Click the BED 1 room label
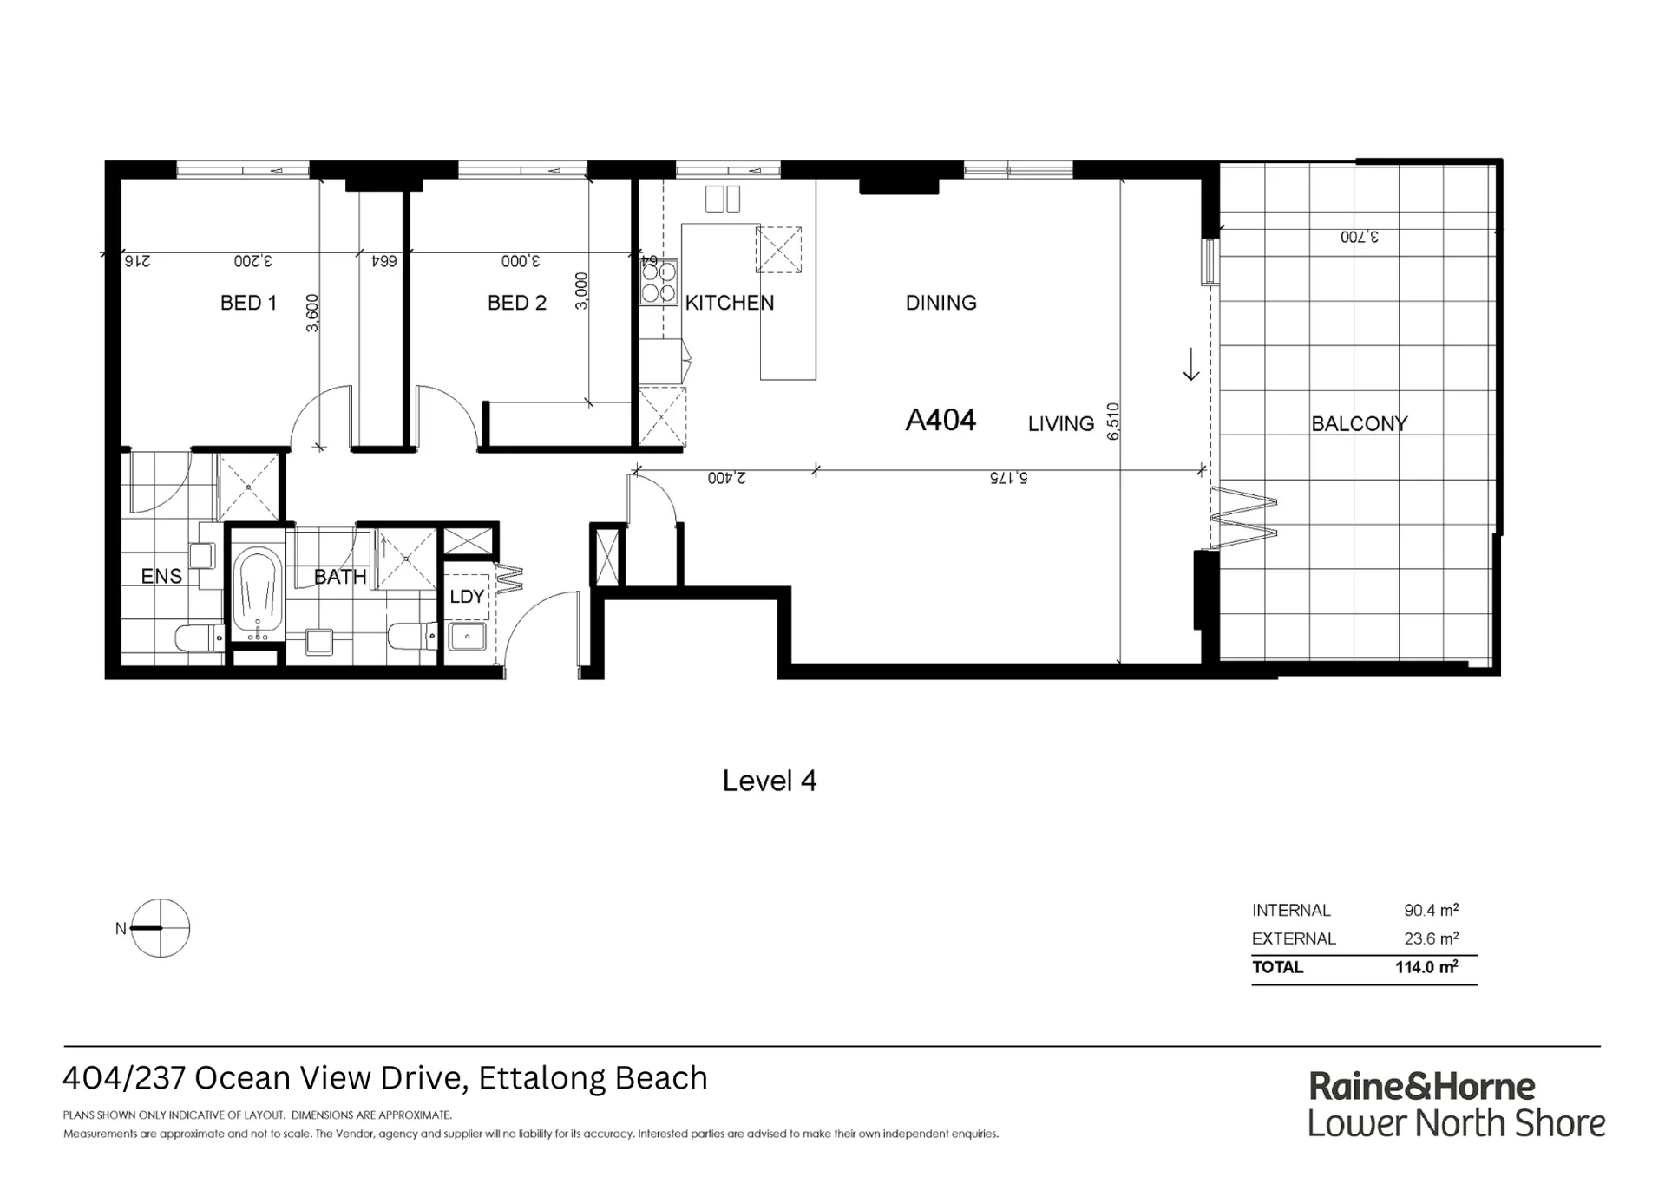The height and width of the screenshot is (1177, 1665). coord(248,303)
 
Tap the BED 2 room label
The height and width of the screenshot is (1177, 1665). coord(517,303)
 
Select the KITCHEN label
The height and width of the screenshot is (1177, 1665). coord(730,303)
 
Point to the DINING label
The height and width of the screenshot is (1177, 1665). coord(941,303)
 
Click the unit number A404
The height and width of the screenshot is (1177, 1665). coord(941,421)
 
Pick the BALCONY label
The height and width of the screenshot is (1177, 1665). coord(1360,424)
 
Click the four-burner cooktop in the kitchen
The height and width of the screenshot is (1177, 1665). coord(659,282)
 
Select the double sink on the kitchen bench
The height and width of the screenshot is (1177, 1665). coord(723,199)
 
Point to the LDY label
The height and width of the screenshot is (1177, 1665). coord(467,597)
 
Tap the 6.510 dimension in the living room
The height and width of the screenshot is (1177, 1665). coord(1114,422)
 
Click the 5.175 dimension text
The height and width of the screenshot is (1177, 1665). coord(1009,478)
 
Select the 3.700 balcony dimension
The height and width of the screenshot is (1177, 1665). coord(1360,237)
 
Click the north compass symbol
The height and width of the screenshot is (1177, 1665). coord(161,928)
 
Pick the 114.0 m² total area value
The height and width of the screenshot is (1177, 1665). coord(1426,967)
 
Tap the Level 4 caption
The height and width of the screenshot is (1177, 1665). coord(770,781)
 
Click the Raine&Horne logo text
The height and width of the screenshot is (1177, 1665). coord(1422,1086)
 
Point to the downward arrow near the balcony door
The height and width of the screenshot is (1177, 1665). coord(1191,364)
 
